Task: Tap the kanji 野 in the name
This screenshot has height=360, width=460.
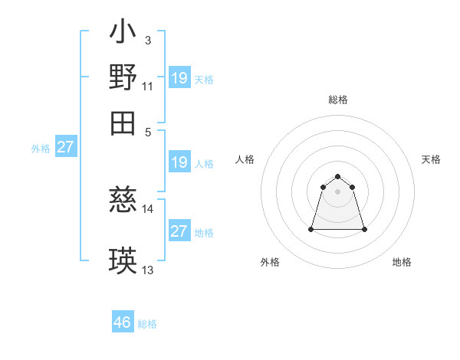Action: (123, 77)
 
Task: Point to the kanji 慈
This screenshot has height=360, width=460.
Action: (123, 201)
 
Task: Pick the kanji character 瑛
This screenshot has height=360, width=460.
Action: (123, 261)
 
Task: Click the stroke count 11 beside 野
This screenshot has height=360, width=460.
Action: (148, 87)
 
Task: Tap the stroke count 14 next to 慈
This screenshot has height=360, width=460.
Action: (148, 208)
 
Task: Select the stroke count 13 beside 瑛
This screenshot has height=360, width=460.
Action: (148, 270)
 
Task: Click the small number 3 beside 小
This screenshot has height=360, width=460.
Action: (147, 41)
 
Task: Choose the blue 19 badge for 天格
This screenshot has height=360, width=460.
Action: (179, 77)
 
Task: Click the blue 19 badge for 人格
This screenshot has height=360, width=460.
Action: (179, 162)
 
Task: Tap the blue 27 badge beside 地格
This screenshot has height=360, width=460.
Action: (179, 231)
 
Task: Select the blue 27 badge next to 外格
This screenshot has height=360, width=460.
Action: (65, 147)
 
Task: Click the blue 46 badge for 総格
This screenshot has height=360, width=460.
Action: (123, 322)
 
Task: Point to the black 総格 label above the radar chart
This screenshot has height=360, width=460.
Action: (338, 100)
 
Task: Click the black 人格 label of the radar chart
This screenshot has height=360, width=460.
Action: (245, 159)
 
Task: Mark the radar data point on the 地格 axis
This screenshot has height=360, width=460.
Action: (364, 229)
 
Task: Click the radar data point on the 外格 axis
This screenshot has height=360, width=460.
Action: (312, 229)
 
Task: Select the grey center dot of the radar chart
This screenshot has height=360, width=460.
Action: (338, 191)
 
